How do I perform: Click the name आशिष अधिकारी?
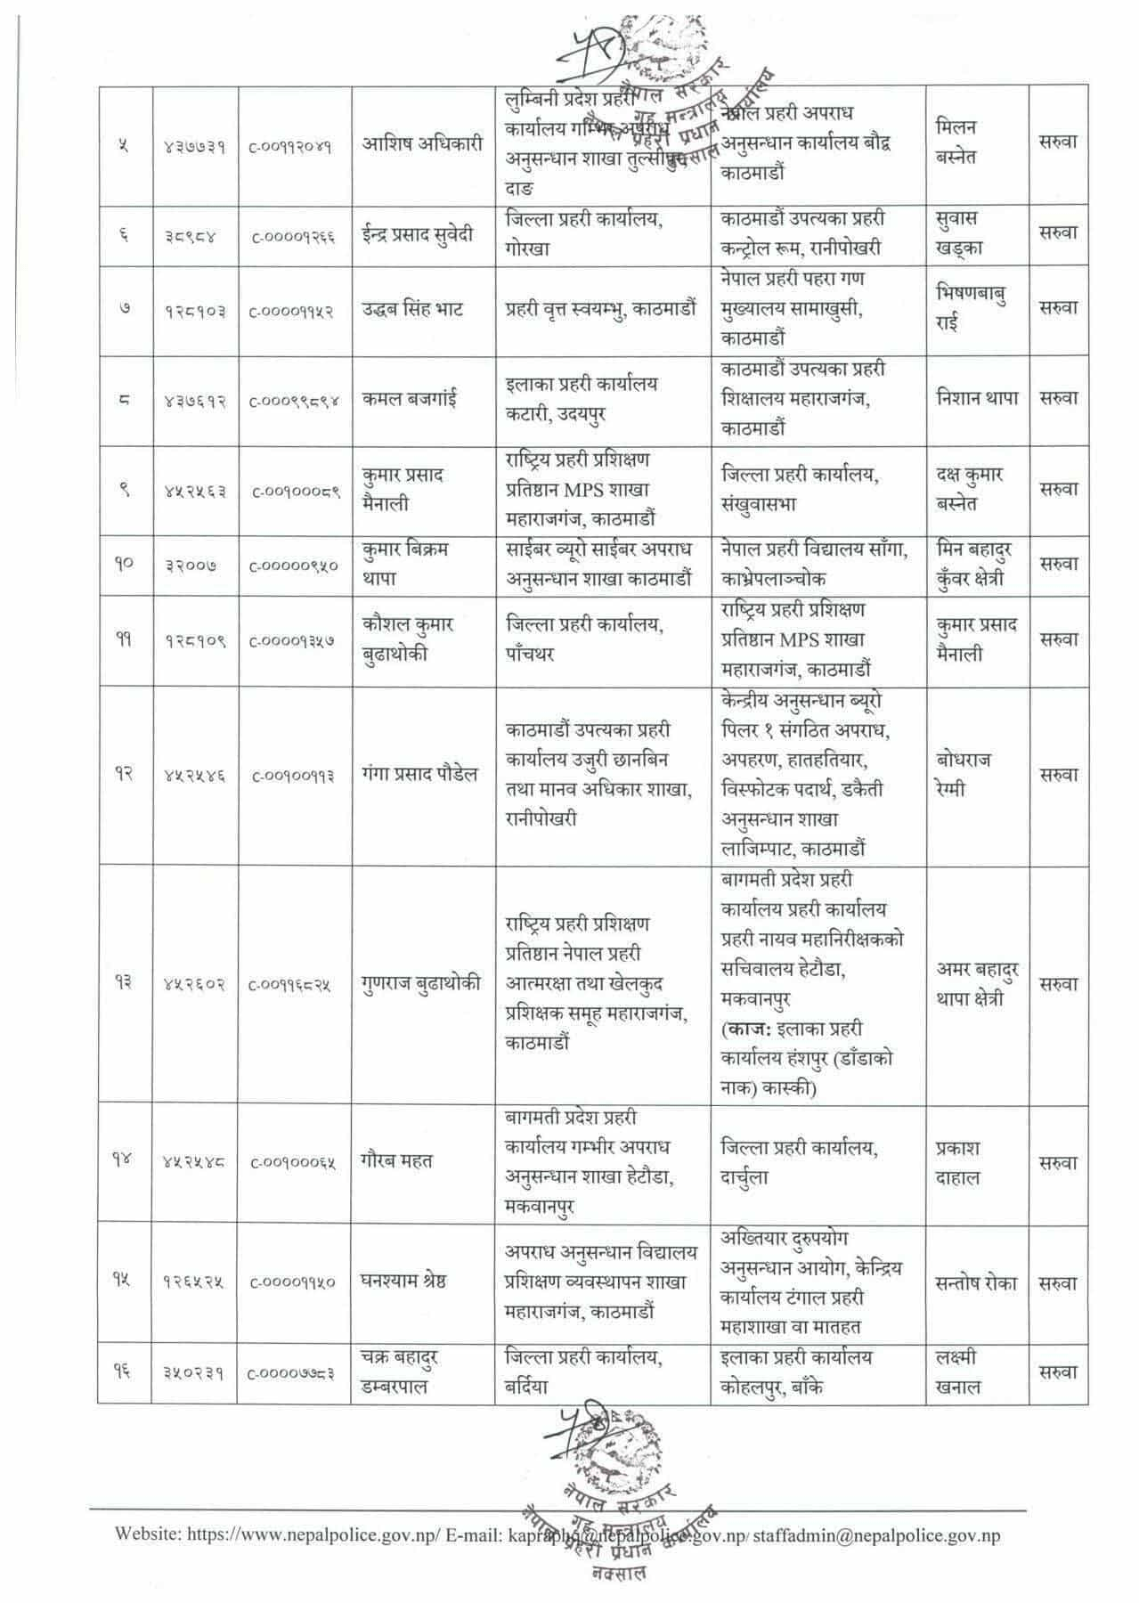(419, 145)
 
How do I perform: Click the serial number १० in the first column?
(124, 564)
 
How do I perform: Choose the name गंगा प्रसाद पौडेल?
(419, 774)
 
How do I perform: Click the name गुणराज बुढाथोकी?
(422, 983)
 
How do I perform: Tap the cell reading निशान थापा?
(977, 398)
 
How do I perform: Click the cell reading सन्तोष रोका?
(977, 1282)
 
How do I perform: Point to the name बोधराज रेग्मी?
(964, 774)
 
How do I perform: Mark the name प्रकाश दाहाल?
(958, 1162)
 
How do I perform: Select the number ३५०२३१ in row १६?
(193, 1373)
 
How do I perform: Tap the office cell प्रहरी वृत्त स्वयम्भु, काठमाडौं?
(601, 310)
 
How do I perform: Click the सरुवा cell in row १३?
(1058, 984)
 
